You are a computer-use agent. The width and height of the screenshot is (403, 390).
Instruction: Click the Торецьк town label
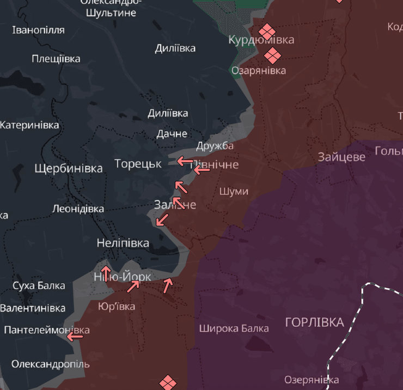coord(138,163)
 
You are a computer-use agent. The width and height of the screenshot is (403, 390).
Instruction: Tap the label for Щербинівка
coord(68,168)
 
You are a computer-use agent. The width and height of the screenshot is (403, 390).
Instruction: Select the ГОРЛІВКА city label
coord(315,322)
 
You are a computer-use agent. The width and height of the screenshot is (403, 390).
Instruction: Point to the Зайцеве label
coord(341,157)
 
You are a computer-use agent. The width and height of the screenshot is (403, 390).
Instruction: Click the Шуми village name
coord(234,191)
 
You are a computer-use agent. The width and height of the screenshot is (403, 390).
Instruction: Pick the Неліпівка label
coord(123,243)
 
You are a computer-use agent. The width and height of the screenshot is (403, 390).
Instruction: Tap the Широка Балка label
coord(234,328)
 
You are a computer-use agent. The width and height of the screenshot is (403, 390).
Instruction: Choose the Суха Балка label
coord(39,285)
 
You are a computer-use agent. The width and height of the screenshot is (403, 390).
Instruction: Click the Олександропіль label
coord(50,364)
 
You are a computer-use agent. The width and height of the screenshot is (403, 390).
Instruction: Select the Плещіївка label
coord(56,58)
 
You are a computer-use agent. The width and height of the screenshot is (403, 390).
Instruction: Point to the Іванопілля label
coord(38,30)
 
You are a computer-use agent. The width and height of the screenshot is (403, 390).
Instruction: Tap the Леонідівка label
coord(78,209)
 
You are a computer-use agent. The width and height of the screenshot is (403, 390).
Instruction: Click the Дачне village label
coord(172,133)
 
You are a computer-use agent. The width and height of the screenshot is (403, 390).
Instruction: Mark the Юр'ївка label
coord(117,306)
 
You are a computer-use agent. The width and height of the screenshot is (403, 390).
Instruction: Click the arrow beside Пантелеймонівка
coord(75,337)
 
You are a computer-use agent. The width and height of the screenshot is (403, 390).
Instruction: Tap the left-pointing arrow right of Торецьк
coord(184,161)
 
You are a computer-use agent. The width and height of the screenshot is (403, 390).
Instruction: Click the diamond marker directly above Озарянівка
coord(272,54)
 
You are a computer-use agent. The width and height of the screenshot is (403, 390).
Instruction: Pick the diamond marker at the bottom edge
coord(167,382)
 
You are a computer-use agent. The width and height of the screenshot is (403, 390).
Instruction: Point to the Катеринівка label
coord(29,125)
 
